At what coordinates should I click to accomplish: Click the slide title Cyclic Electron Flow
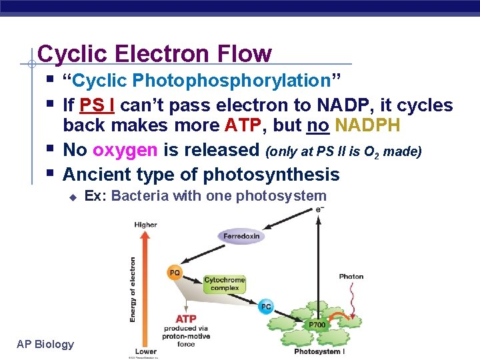point(155,53)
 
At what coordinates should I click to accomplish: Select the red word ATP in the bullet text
point(242,125)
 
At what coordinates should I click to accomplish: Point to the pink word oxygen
point(125,150)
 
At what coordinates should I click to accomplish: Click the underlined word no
point(317,125)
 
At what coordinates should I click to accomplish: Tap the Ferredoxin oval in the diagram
point(241,236)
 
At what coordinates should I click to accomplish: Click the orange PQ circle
point(175,272)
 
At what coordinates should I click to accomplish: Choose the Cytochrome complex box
point(224,285)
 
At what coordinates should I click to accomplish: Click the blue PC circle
point(266,307)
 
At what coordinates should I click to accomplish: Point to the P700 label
point(317,325)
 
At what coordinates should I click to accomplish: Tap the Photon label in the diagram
point(351,276)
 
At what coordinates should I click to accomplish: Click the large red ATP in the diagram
point(186,319)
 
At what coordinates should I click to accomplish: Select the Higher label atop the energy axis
point(145,225)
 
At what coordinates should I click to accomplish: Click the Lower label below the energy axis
point(145,351)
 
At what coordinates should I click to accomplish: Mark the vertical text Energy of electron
point(133,289)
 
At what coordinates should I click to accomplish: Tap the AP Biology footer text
point(45,344)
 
